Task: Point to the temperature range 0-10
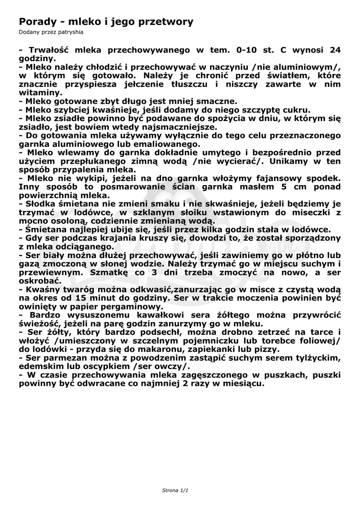(250, 50)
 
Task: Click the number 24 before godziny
(335, 50)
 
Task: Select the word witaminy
(41, 92)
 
